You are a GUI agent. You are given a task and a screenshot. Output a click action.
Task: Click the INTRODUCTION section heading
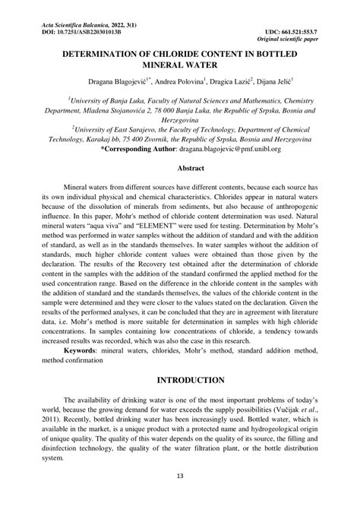tap(180, 379)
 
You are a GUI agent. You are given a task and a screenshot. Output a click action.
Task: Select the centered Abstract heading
tap(180, 168)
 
